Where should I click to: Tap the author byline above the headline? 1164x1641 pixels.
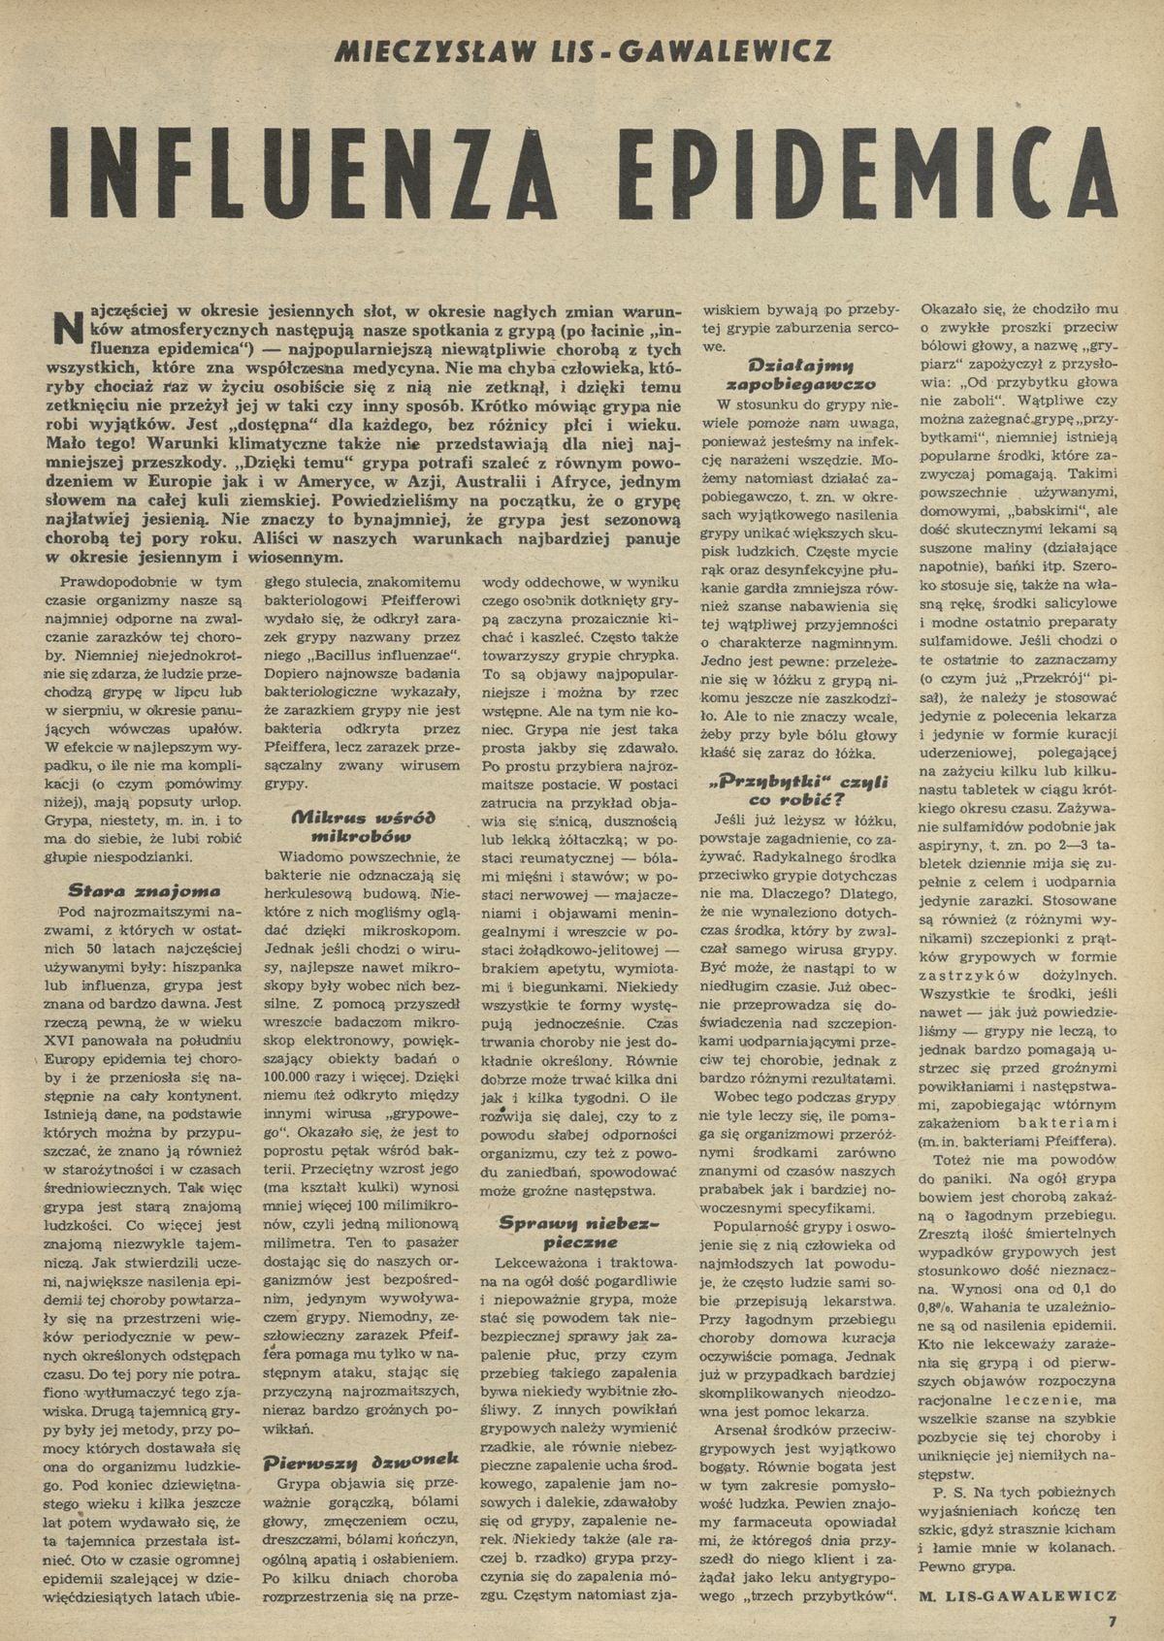(x=581, y=51)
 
